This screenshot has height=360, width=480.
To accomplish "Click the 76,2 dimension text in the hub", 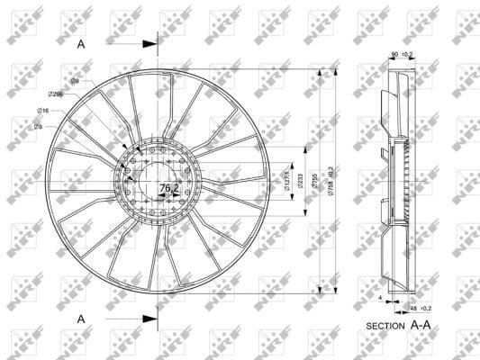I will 168,188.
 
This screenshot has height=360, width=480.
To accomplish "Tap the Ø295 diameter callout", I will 57,94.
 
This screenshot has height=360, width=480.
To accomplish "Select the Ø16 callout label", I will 43,110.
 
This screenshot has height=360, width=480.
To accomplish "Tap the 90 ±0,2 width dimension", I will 402,55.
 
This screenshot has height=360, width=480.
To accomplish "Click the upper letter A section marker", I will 81,42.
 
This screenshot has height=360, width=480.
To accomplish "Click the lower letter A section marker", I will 81,318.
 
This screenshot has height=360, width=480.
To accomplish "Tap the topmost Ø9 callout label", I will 76,81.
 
